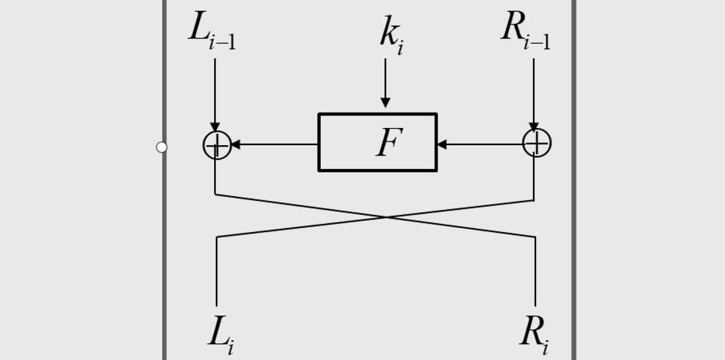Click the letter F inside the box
389,143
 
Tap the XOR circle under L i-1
217,145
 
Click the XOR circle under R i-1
536,143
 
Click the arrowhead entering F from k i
385,103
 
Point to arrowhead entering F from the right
442,144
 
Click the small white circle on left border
162,147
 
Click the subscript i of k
400,48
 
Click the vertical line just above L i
217,272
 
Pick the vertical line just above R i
535,272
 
